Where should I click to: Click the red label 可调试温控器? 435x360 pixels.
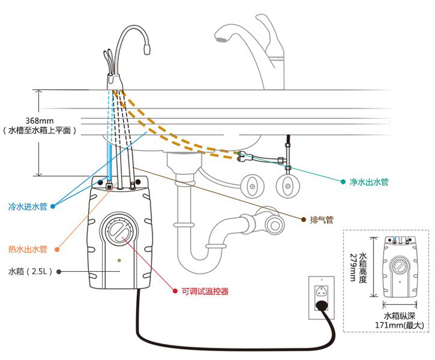205,292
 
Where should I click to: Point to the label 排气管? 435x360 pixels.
322,220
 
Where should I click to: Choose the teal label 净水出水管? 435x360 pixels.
369,182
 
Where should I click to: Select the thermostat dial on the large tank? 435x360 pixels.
120,232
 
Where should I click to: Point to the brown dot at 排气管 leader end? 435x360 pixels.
303,220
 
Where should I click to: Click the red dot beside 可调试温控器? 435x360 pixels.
175,292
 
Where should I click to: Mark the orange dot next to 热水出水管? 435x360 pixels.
57,250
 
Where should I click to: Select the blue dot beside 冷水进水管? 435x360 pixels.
53,206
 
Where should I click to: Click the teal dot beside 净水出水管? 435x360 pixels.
342,182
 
